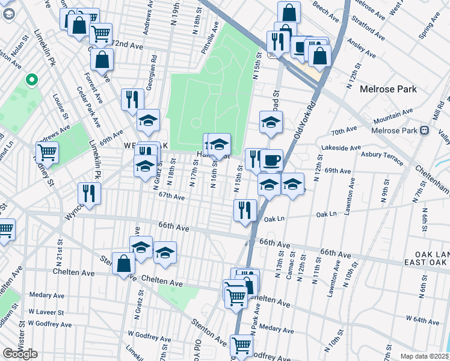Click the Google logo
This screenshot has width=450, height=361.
coord(20,354)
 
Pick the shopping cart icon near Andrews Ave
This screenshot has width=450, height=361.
coord(47,152)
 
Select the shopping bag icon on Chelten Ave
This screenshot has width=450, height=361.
coord(123,263)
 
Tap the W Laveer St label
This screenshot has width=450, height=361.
coord(46,312)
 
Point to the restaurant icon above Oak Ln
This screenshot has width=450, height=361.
coord(245,210)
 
